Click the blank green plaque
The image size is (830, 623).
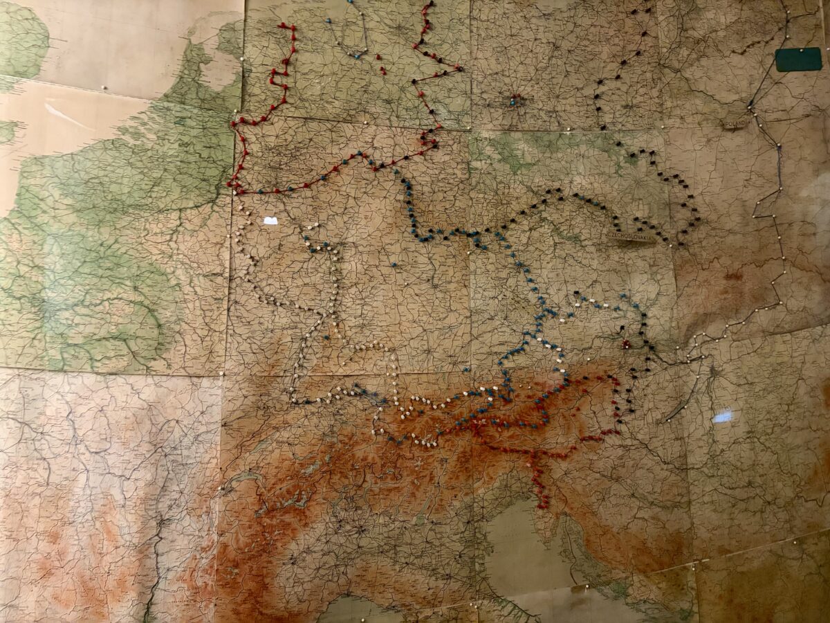click(798, 60)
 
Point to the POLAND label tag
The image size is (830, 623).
click(735, 123)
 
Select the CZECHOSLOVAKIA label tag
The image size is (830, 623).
click(631, 235)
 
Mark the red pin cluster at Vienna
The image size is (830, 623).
click(627, 343)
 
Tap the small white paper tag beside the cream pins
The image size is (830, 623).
click(270, 221)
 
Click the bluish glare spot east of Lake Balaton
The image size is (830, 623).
click(722, 416)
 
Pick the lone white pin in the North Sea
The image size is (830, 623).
click(104, 88)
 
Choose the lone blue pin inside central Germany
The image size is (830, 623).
click(393, 264)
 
